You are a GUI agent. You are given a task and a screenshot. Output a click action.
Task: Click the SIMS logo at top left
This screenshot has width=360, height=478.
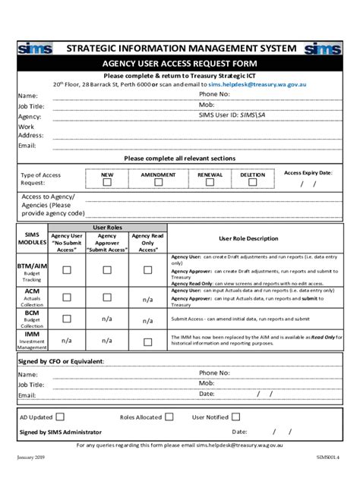[36, 49]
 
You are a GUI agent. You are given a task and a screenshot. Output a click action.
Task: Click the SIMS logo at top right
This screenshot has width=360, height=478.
[323, 49]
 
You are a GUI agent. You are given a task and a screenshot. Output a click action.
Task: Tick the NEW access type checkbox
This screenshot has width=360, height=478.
[107, 182]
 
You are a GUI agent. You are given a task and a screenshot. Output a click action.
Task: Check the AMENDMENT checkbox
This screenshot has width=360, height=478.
[158, 182]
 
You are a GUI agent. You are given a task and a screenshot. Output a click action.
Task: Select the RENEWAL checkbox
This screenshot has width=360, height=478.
[210, 182]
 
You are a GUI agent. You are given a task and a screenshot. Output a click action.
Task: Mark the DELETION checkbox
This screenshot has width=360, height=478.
[253, 182]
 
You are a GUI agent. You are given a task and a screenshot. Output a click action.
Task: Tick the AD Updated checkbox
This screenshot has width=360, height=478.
[60, 417]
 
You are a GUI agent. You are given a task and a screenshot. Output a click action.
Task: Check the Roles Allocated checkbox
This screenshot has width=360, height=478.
[169, 417]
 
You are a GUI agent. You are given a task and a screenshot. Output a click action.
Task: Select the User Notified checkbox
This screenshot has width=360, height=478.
[236, 417]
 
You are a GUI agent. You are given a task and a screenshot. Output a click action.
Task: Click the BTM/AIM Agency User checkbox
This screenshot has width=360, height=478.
[67, 270]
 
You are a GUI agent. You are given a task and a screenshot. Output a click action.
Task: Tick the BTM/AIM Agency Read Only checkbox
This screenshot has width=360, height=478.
[147, 270]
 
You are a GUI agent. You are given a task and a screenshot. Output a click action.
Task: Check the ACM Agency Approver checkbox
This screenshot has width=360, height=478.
[107, 297]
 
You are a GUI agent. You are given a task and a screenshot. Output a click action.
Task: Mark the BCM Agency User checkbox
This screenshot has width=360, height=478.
[67, 319]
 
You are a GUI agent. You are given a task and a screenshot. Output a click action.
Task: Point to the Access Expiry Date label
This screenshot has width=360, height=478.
[308, 173]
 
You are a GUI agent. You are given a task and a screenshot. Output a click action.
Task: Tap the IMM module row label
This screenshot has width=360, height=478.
[32, 334]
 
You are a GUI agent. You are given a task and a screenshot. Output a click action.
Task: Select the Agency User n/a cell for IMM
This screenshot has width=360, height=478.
[67, 341]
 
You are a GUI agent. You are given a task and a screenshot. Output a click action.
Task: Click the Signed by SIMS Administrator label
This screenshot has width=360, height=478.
[59, 432]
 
